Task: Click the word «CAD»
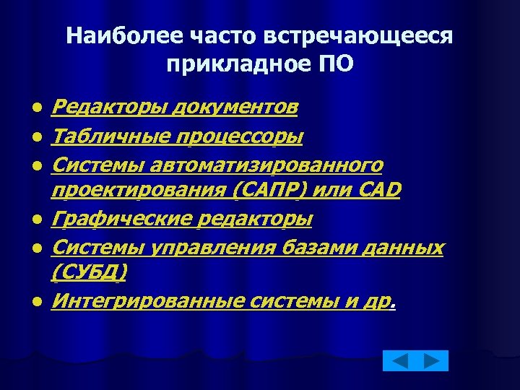(x=377, y=190)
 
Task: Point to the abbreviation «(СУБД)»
(x=90, y=272)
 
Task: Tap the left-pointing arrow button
(x=399, y=361)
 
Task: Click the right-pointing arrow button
(x=433, y=361)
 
